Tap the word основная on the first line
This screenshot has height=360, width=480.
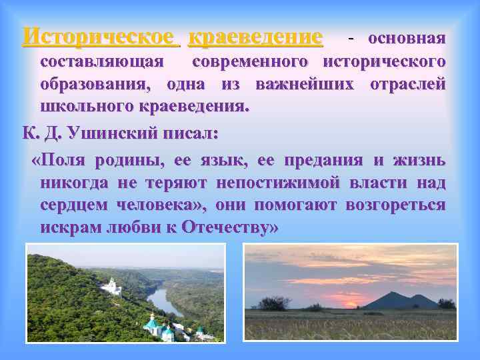pyautogui.click(x=407, y=38)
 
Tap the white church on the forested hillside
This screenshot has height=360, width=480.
pyautogui.click(x=111, y=286)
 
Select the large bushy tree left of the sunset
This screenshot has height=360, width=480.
pyautogui.click(x=274, y=303)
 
